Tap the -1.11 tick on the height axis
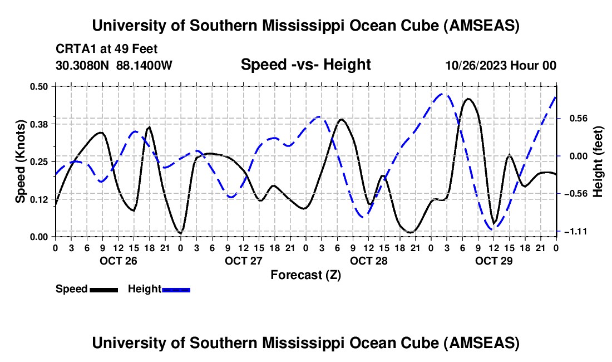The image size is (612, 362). tap(575, 231)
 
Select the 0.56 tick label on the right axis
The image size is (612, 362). tap(573, 118)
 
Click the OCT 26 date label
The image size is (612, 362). tap(118, 260)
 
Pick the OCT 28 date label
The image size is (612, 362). tap(368, 260)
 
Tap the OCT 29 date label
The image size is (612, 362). tap(493, 260)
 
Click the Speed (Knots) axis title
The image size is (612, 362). tap(21, 161)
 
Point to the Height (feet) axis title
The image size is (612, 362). tap(598, 161)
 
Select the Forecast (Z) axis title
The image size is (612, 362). tap(305, 275)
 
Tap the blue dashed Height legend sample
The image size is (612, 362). tap(176, 289)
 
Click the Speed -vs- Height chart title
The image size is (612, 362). tap(305, 65)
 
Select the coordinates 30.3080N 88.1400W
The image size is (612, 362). tap(114, 65)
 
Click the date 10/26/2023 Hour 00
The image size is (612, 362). tap(501, 65)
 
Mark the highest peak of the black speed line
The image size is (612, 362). tap(468, 99)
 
